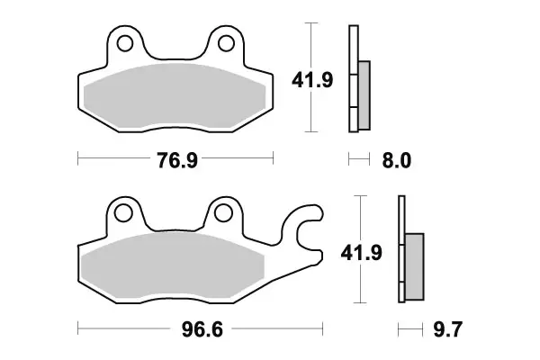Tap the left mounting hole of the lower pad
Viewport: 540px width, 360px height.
tap(124, 212)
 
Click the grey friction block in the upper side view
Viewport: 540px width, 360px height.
tap(364, 94)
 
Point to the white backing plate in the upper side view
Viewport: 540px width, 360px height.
tap(353, 81)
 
